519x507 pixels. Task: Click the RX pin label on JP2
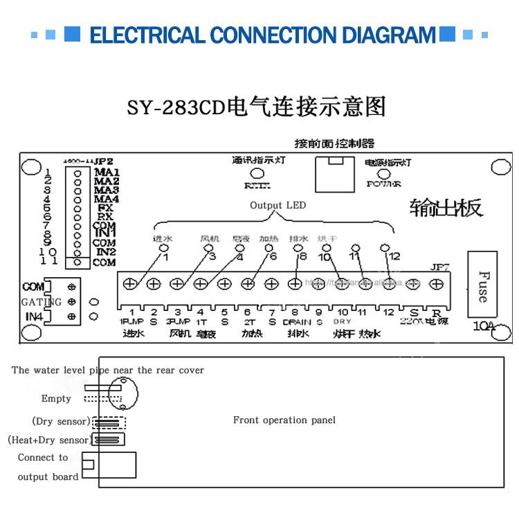click(105, 216)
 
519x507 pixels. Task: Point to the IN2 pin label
click(105, 253)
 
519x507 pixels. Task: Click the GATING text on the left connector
click(41, 302)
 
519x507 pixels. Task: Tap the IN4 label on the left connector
click(33, 317)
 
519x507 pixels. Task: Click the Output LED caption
click(277, 205)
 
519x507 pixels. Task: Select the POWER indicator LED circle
click(384, 174)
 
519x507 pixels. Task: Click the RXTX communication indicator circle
click(257, 173)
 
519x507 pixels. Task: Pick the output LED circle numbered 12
click(385, 247)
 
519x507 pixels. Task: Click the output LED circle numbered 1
click(164, 248)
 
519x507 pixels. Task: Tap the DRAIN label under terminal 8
click(297, 322)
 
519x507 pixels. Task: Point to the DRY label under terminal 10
click(342, 322)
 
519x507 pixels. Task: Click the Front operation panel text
click(284, 420)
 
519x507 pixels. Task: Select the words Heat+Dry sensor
click(48, 440)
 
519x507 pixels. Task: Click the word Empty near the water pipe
click(56, 398)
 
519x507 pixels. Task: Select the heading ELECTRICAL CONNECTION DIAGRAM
click(263, 35)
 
